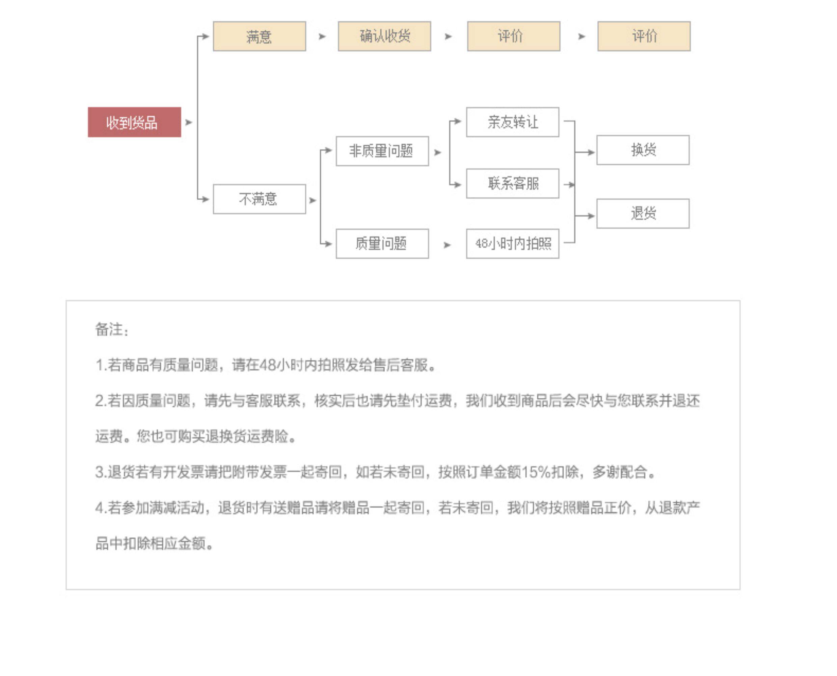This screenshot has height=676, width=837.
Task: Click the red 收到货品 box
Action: tap(134, 122)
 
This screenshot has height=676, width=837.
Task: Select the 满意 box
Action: tap(259, 36)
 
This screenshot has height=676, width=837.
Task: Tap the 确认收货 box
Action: tap(384, 36)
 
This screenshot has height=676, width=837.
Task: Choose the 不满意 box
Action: tap(259, 199)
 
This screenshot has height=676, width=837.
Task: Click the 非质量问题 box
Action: tap(382, 151)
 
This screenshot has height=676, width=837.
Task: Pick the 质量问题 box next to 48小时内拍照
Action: tap(382, 244)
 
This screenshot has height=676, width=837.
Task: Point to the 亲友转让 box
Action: tap(512, 122)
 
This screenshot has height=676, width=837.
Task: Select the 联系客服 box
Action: tap(512, 184)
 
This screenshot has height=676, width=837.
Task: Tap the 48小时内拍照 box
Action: tap(512, 244)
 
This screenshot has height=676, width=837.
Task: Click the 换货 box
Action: tap(643, 150)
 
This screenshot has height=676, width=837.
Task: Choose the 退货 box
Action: tap(643, 214)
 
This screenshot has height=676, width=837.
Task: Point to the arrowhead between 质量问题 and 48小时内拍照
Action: tap(447, 245)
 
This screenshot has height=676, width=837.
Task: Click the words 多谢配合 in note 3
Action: tap(620, 472)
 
